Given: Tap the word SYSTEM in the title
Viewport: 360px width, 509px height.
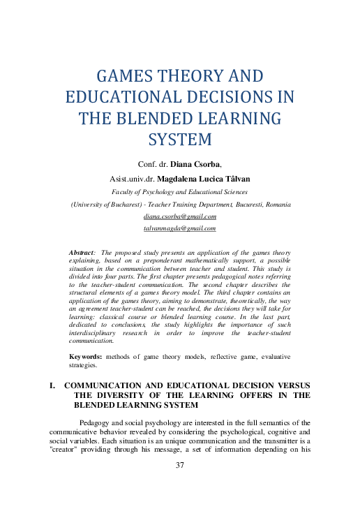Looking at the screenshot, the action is [x=180, y=139].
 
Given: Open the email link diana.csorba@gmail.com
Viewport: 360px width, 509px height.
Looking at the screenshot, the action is [x=179, y=216].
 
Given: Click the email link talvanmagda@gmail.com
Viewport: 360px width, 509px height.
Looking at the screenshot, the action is [x=179, y=228].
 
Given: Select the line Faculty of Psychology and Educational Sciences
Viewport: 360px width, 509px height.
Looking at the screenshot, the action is [x=180, y=191].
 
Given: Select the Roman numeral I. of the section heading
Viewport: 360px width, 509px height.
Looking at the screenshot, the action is [x=51, y=385].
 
